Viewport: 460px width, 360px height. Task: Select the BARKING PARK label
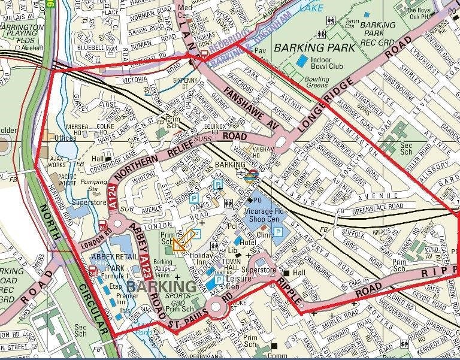308,47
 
